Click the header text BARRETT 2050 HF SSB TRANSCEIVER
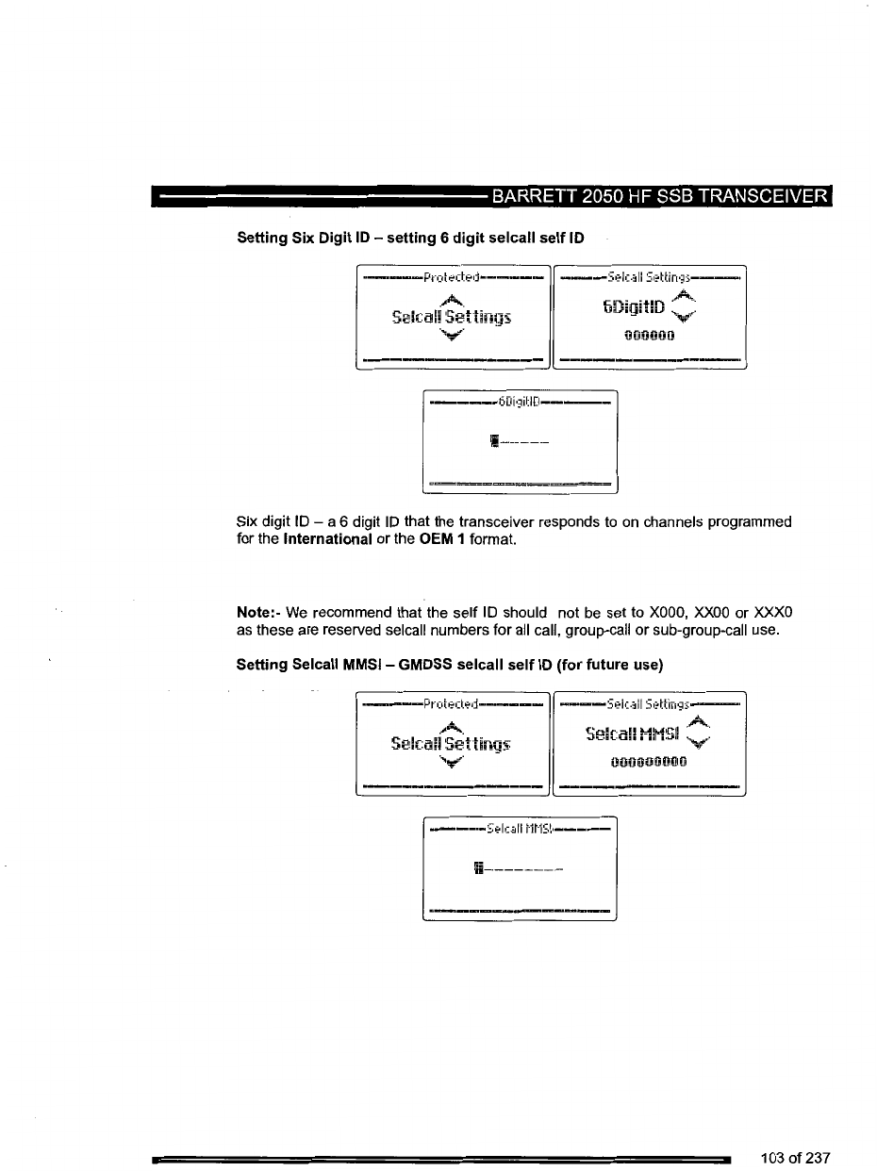tap(658, 197)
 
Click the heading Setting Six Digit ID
tap(410, 239)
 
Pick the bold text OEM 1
tap(443, 539)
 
